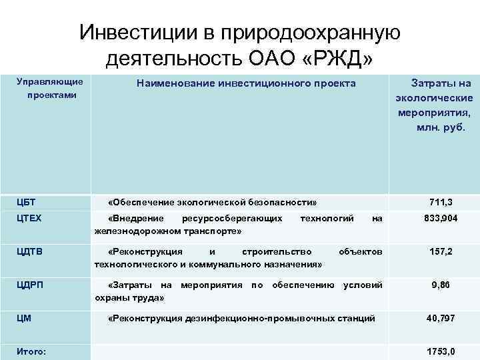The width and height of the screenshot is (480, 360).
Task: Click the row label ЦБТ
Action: coord(26,201)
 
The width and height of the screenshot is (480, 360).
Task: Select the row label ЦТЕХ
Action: coord(29,218)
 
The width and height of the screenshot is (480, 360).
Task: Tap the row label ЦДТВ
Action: coord(29,251)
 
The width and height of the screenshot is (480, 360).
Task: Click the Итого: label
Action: coord(32,351)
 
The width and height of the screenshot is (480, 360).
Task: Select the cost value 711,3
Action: coord(441,201)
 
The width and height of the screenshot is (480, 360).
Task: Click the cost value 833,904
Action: coord(441,218)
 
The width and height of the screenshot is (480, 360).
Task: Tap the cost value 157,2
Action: coord(441,252)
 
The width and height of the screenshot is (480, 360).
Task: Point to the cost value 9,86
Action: coord(441,285)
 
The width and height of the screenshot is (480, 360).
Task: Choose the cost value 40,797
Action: coord(441,319)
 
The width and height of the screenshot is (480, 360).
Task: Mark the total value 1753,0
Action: coord(441,351)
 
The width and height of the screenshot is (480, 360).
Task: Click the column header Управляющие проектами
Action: coord(49,88)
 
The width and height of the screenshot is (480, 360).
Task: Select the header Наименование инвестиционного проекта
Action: coord(246,83)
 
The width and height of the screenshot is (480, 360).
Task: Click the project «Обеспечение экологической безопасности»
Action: coord(213,201)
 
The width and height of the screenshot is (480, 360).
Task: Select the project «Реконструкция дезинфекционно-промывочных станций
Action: coord(241,319)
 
